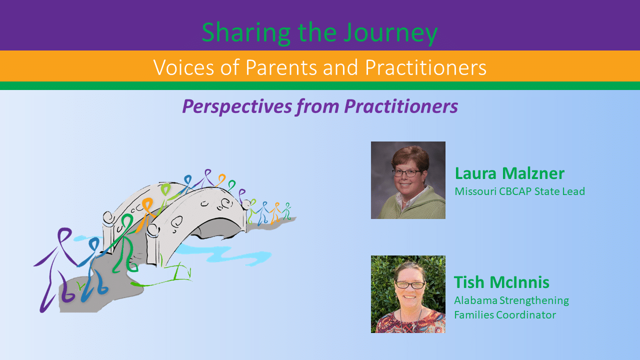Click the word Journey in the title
tap(390, 33)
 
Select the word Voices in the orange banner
tap(183, 67)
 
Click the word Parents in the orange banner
tap(281, 67)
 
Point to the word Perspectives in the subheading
tap(236, 107)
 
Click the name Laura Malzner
tap(509, 173)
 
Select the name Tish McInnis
tap(501, 282)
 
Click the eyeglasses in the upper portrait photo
tap(406, 173)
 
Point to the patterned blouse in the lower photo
tap(410, 322)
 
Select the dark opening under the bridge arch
tap(217, 227)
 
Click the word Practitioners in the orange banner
tap(425, 67)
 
